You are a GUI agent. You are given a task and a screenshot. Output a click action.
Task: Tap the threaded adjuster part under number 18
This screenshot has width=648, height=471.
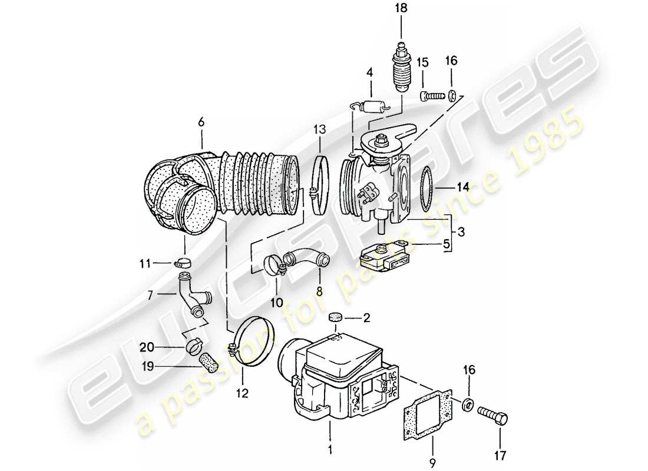click(401, 68)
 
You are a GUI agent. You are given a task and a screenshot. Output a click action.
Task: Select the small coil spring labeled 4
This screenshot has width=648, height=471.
click(371, 107)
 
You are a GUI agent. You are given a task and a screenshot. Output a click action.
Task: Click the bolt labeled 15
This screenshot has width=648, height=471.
click(432, 94)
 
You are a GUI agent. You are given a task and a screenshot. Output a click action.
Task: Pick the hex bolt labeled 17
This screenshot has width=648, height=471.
click(492, 415)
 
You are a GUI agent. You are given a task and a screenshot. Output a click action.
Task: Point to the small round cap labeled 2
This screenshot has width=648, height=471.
click(336, 318)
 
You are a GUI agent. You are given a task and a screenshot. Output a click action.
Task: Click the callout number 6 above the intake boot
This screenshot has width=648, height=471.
click(201, 122)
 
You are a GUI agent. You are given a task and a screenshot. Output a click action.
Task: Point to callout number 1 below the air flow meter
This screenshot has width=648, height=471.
click(330, 452)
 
